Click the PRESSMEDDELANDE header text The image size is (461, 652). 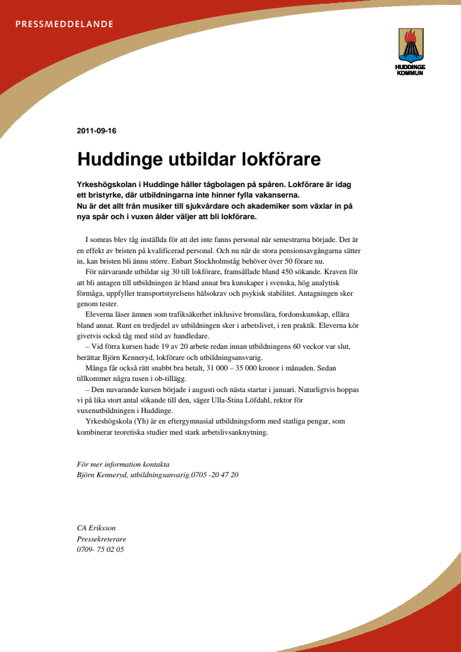coord(64,25)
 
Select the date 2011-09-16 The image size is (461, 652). coord(97,131)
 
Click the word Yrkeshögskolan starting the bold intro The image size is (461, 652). coord(105,185)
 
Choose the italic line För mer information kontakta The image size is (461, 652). coord(122,464)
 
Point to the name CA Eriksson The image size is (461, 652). coord(96,527)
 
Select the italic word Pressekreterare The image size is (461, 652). coord(101,538)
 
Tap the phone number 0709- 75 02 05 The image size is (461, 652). coord(100,549)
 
